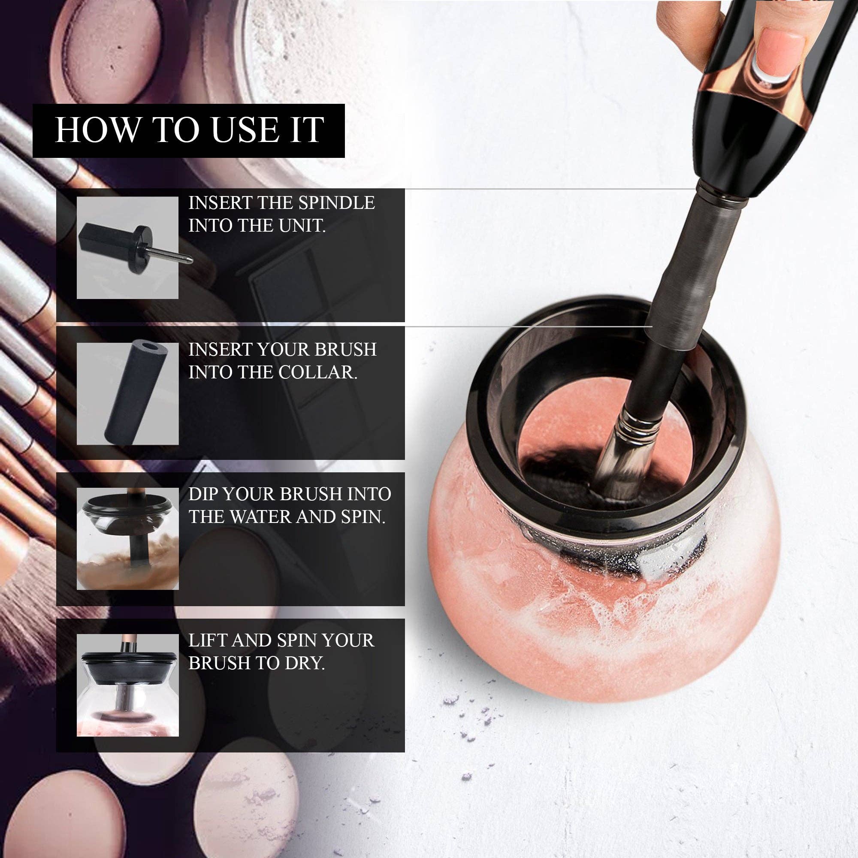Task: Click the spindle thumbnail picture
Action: pyautogui.click(x=127, y=248)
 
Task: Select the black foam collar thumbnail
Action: pyautogui.click(x=127, y=393)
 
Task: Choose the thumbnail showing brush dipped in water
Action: pyautogui.click(x=127, y=539)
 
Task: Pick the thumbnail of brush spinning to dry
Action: pyautogui.click(x=127, y=685)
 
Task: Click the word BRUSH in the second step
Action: pyautogui.click(x=345, y=350)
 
